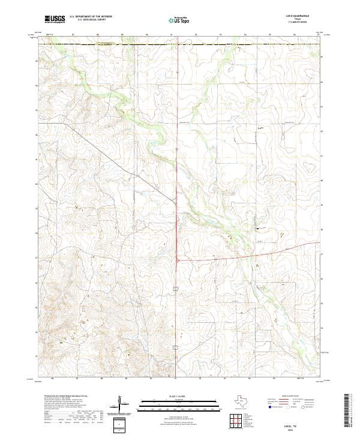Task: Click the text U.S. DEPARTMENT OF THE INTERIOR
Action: point(91,17)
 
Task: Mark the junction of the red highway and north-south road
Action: point(178,259)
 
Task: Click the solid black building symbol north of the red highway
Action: point(258,229)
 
